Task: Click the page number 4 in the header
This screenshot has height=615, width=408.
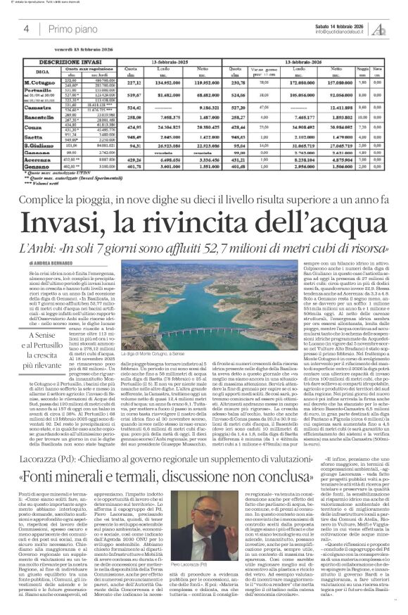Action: pos(26,29)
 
